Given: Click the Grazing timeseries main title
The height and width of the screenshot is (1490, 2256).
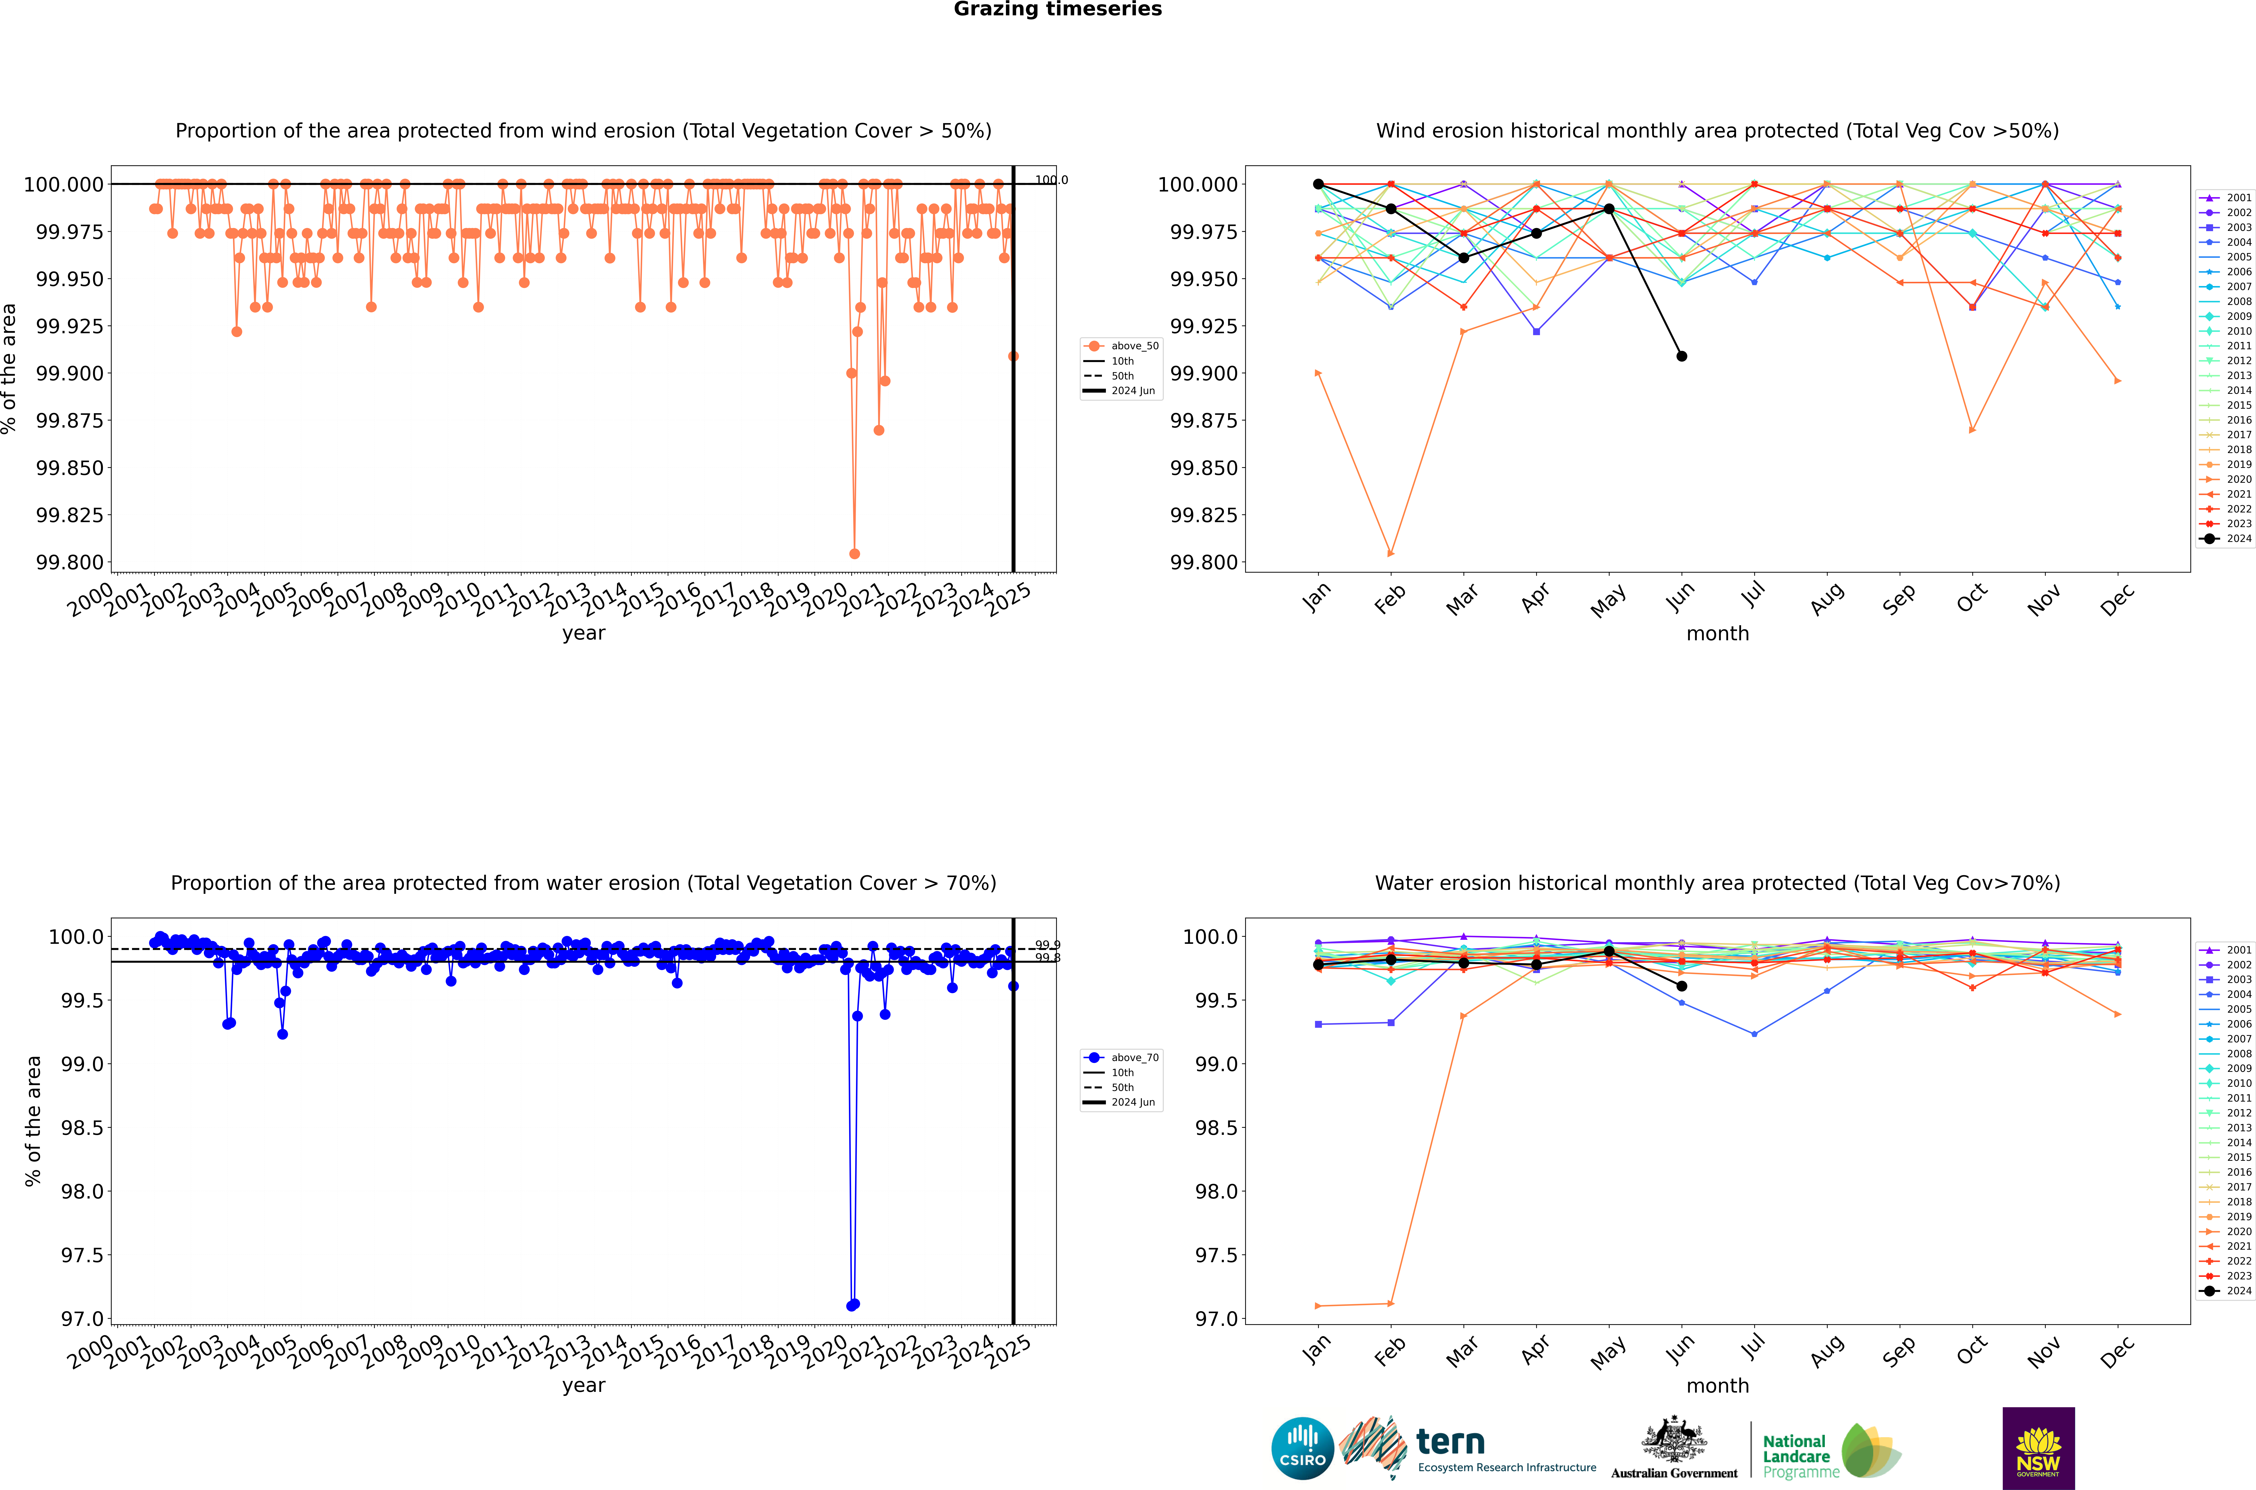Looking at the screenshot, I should coord(1057,9).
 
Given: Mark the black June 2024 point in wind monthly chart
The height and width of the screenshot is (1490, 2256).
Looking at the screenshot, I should coord(1682,356).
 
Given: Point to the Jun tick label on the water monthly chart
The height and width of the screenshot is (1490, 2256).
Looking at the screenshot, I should coord(1681,1350).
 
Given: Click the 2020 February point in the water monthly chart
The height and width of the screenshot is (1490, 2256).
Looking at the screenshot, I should coord(1391,1304).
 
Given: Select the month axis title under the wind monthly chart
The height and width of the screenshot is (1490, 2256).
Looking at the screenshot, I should coord(1717,634).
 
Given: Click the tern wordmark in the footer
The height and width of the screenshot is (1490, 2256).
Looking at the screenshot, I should coord(1450,1443).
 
